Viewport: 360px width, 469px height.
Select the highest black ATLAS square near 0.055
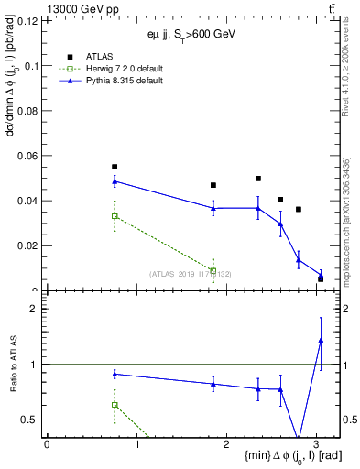pos(115,167)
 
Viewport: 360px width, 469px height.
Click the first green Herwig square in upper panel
pos(115,216)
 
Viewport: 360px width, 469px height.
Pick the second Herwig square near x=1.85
pos(213,271)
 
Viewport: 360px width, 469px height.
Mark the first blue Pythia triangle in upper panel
pos(115,181)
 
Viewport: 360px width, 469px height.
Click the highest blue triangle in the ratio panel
pos(321,340)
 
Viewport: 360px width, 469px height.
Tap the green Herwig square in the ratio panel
pos(115,404)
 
